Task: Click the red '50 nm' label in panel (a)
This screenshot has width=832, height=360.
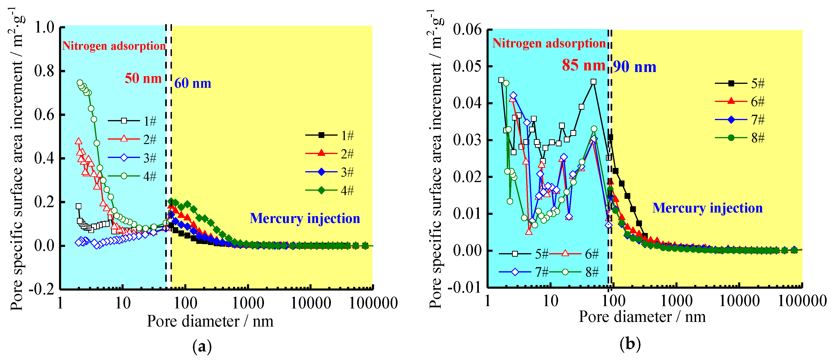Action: click(143, 79)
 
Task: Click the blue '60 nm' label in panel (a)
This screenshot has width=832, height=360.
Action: click(193, 84)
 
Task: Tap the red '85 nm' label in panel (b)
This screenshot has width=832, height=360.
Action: click(583, 65)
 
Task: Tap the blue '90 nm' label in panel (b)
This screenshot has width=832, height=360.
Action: click(635, 67)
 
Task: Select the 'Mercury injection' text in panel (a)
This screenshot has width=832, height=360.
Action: click(305, 219)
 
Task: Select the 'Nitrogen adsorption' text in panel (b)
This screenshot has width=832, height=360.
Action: click(549, 43)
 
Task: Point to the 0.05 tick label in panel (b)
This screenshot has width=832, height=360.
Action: click(467, 66)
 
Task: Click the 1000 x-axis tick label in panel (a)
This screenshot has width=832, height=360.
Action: click(248, 303)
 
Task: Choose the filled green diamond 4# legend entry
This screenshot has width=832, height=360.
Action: click(329, 190)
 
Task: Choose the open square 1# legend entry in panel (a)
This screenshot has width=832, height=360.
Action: click(132, 121)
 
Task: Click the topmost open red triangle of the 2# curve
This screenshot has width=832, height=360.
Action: click(78, 141)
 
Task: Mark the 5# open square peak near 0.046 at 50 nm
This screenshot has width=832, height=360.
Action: click(593, 82)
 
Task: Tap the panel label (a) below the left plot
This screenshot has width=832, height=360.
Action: click(202, 347)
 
